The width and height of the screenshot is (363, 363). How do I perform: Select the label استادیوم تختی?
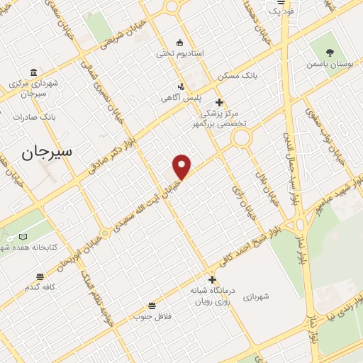click(180, 53)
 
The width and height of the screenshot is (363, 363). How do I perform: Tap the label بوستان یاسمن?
click(330, 64)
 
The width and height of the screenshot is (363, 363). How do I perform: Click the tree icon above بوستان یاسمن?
click(330, 51)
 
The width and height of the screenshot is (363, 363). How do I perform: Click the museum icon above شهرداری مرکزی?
click(34, 72)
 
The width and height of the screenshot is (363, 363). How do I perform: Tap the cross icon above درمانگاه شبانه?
click(211, 279)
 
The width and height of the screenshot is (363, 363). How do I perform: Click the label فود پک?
click(280, 11)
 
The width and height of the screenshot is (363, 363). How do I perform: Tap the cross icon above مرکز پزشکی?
click(220, 102)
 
